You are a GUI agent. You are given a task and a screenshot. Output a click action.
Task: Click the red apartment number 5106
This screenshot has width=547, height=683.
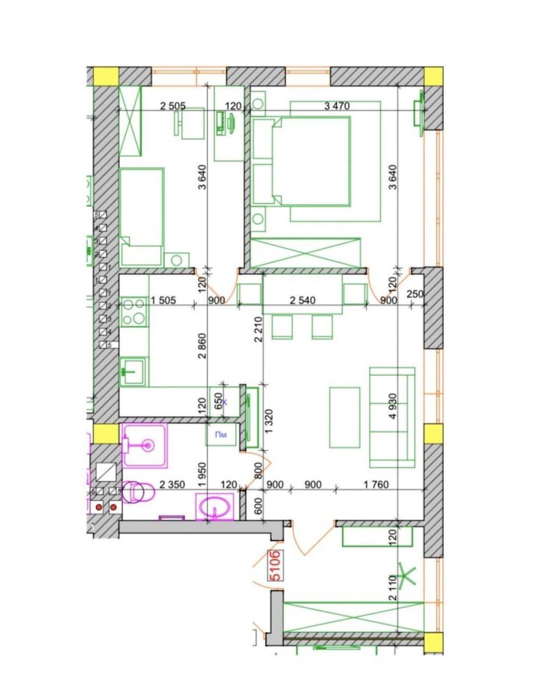click(274, 565)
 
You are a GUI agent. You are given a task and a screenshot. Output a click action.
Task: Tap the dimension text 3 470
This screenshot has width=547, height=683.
click(336, 106)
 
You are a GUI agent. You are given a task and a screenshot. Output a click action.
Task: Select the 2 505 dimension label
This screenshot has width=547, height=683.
click(173, 106)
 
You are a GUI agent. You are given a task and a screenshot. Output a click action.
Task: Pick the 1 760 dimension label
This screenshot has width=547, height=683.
click(375, 485)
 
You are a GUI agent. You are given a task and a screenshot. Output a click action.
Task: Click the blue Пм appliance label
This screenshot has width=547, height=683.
click(221, 435)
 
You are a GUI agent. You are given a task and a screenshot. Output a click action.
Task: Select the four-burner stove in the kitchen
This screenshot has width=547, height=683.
click(133, 312)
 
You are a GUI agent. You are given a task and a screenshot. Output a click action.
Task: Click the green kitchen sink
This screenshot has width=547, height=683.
click(133, 372)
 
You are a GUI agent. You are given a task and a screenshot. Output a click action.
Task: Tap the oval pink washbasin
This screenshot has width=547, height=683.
click(214, 506)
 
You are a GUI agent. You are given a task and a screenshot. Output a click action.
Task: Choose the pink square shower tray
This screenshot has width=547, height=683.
click(145, 445)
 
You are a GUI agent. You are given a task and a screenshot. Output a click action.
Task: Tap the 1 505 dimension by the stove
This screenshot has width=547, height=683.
click(166, 300)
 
